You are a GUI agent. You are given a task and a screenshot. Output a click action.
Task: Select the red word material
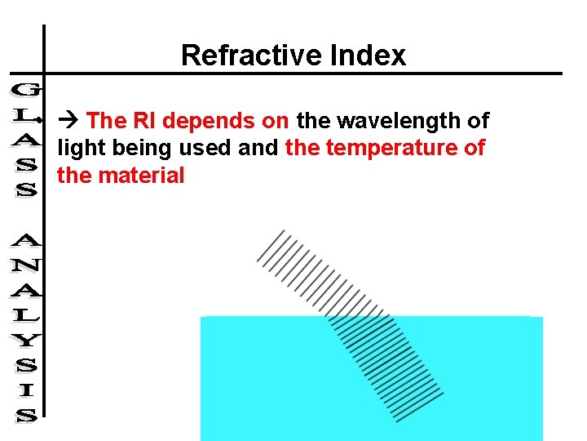(x=142, y=176)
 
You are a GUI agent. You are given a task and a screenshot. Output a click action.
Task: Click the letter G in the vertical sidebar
(x=25, y=88)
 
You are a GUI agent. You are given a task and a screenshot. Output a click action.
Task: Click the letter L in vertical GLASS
(x=25, y=114)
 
